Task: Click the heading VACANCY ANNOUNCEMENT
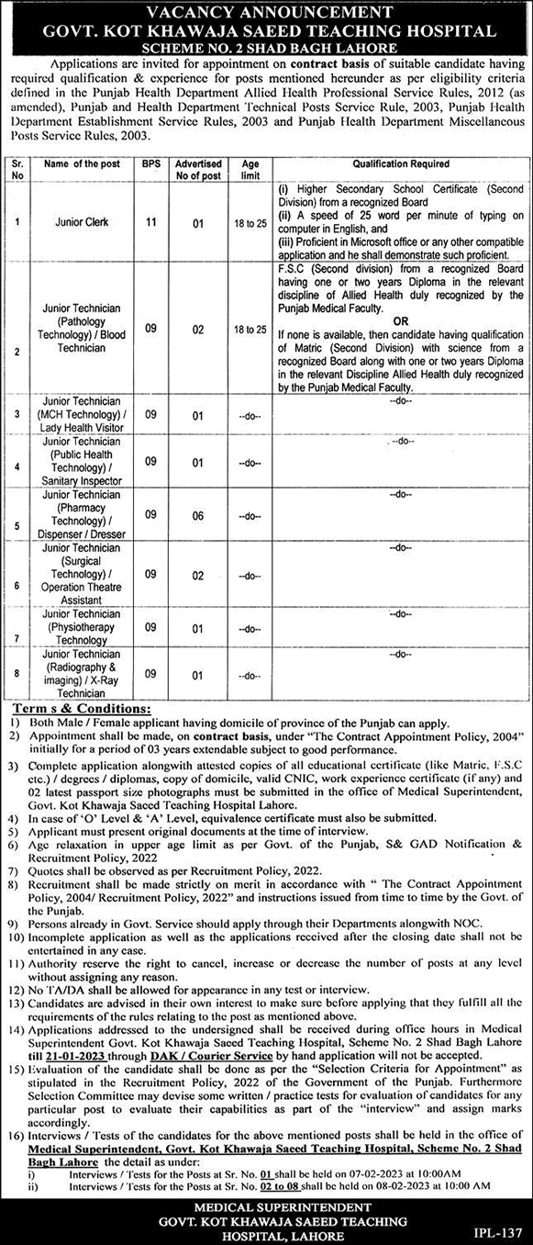click(x=265, y=11)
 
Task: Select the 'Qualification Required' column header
click(x=397, y=163)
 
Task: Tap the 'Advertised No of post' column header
click(x=198, y=169)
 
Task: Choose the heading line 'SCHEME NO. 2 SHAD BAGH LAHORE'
click(x=265, y=47)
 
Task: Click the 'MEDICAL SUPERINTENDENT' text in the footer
click(x=266, y=1205)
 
